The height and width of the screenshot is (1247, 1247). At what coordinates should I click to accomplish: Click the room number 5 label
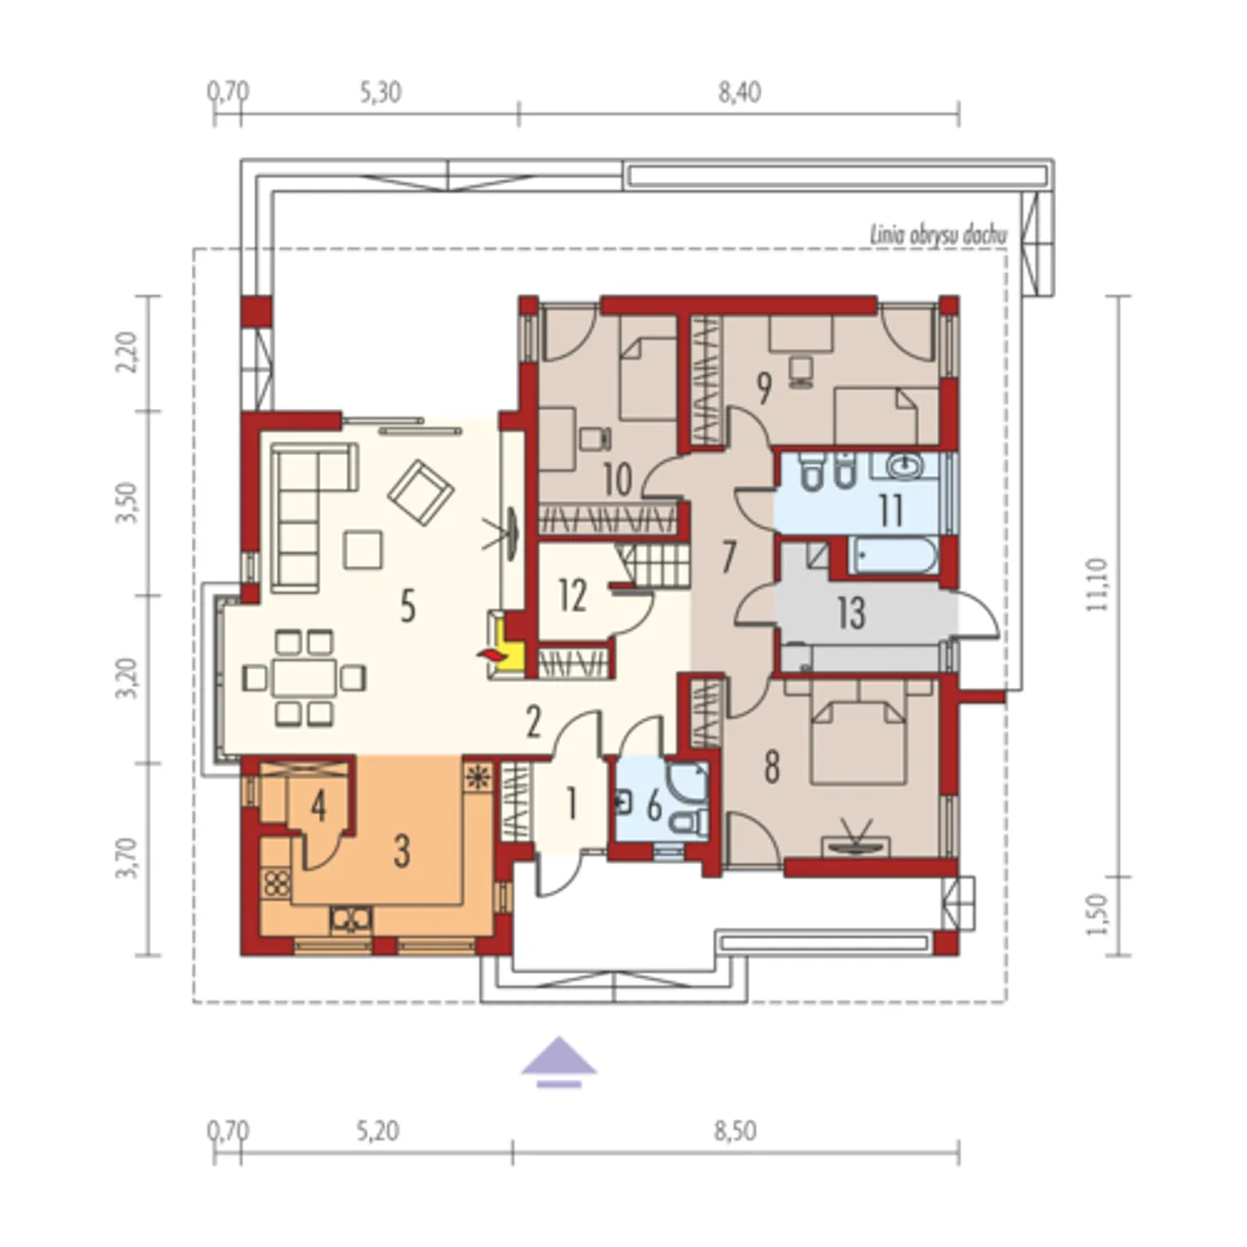pyautogui.click(x=407, y=607)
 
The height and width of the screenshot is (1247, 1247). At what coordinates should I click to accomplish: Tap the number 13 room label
pyautogui.click(x=851, y=614)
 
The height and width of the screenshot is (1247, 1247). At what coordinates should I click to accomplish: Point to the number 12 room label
pyautogui.click(x=573, y=596)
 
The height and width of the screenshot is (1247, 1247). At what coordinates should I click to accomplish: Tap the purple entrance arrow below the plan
pyautogui.click(x=559, y=1062)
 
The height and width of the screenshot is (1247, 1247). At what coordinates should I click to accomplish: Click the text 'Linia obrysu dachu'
pyautogui.click(x=937, y=236)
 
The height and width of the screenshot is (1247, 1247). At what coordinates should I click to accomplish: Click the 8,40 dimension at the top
pyautogui.click(x=739, y=94)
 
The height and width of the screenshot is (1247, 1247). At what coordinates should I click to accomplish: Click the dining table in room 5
pyautogui.click(x=304, y=677)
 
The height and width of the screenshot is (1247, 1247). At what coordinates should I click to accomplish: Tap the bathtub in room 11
pyautogui.click(x=893, y=556)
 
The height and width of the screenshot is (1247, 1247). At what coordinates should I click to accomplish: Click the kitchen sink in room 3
pyautogui.click(x=351, y=920)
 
